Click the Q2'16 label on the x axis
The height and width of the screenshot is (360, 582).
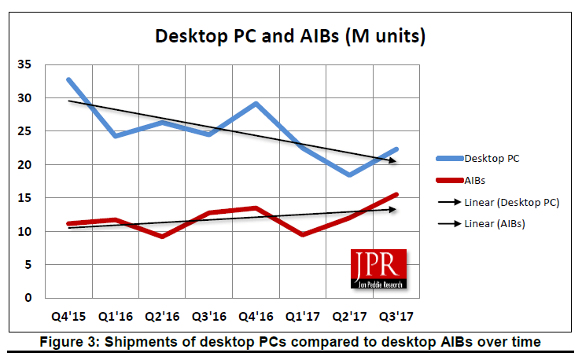click(x=163, y=316)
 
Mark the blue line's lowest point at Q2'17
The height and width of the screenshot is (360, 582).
click(x=348, y=174)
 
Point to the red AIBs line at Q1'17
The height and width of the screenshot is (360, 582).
click(x=302, y=234)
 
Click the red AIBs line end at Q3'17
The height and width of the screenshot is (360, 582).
click(x=396, y=195)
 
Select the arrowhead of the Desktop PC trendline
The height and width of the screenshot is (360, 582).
click(x=393, y=161)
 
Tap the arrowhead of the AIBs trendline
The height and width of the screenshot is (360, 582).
click(x=393, y=209)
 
